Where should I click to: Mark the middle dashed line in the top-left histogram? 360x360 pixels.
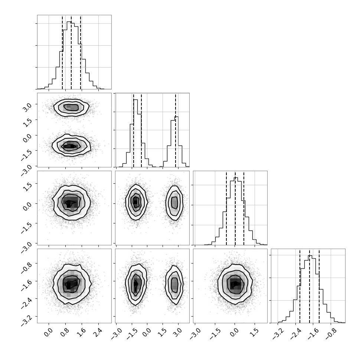(x=71, y=52)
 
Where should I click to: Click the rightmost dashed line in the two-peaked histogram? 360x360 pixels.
(x=176, y=130)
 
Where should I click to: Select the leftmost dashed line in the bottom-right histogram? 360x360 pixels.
(x=300, y=286)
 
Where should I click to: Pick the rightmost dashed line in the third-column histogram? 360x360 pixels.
(x=244, y=208)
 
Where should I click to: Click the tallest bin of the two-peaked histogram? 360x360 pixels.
(x=135, y=133)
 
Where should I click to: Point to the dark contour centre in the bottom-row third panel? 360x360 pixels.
(x=236, y=284)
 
